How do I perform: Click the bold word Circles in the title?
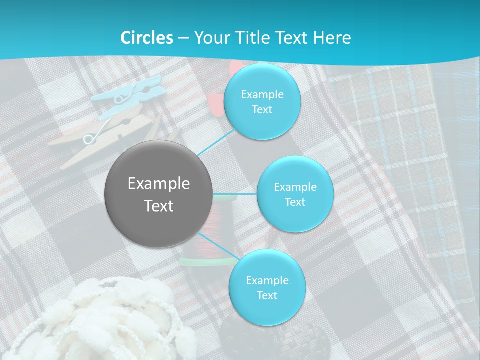147,38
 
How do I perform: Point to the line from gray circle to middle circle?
235,194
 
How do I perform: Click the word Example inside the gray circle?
159,184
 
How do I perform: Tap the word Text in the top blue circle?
261,109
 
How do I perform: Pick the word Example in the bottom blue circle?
267,280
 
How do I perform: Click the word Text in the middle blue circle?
295,202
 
